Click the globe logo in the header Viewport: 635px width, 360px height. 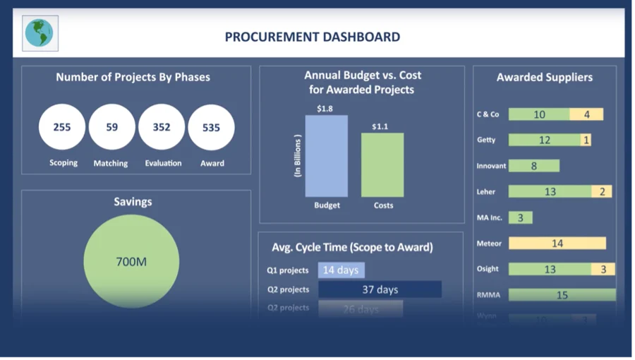(40, 33)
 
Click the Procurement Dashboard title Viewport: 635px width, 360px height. (312, 37)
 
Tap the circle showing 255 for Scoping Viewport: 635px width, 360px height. (62, 128)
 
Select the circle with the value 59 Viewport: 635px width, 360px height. (112, 128)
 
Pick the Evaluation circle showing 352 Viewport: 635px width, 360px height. (162, 128)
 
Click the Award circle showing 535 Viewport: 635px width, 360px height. (211, 128)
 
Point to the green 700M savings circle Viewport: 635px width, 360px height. (131, 261)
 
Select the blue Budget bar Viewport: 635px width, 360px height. (327, 156)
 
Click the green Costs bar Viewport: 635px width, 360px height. (383, 165)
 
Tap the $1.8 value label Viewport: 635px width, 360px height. (325, 109)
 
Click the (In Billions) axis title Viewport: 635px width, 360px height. (298, 155)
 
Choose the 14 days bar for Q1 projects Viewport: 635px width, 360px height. (341, 270)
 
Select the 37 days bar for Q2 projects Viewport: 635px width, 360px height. (380, 289)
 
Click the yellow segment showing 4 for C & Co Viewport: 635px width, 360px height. (586, 114)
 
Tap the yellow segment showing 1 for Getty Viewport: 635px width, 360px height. (586, 140)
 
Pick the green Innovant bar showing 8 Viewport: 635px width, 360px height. (534, 166)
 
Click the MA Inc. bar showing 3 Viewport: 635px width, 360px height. (521, 217)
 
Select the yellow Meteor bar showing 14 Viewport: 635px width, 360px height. (557, 244)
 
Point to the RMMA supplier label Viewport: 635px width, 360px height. (488, 295)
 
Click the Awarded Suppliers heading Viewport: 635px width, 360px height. (544, 78)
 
